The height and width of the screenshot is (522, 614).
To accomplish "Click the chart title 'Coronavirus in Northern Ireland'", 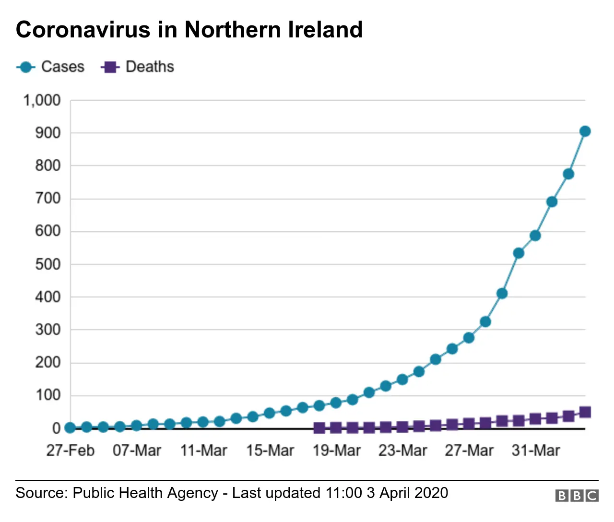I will pyautogui.click(x=189, y=30).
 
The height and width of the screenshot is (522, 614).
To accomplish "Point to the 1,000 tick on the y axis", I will pyautogui.click(x=42, y=100).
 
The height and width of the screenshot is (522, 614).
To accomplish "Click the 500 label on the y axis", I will pyautogui.click(x=48, y=264).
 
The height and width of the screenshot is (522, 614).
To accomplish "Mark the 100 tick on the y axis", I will pyautogui.click(x=48, y=395).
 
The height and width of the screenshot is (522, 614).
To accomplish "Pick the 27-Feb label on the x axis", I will pyautogui.click(x=70, y=451).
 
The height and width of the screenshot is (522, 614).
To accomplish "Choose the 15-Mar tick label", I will pyautogui.click(x=270, y=451).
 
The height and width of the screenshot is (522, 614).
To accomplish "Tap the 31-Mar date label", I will pyautogui.click(x=535, y=451).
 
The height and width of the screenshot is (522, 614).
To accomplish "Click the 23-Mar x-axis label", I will pyautogui.click(x=402, y=451).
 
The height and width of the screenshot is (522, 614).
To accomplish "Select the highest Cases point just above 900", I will pyautogui.click(x=585, y=131).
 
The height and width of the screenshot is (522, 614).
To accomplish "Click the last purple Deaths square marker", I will pyautogui.click(x=585, y=412).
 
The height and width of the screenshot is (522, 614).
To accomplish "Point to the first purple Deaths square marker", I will pyautogui.click(x=319, y=427).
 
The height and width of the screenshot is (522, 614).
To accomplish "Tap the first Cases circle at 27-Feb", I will pyautogui.click(x=70, y=427).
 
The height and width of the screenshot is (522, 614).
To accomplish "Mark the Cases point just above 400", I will pyautogui.click(x=502, y=294).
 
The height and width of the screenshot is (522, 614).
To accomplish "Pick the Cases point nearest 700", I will pyautogui.click(x=552, y=202).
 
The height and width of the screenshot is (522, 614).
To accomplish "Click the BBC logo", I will pyautogui.click(x=577, y=496).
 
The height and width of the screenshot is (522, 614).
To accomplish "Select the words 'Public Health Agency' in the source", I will pyautogui.click(x=145, y=493).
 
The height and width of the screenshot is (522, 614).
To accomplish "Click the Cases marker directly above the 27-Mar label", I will pyautogui.click(x=469, y=338).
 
